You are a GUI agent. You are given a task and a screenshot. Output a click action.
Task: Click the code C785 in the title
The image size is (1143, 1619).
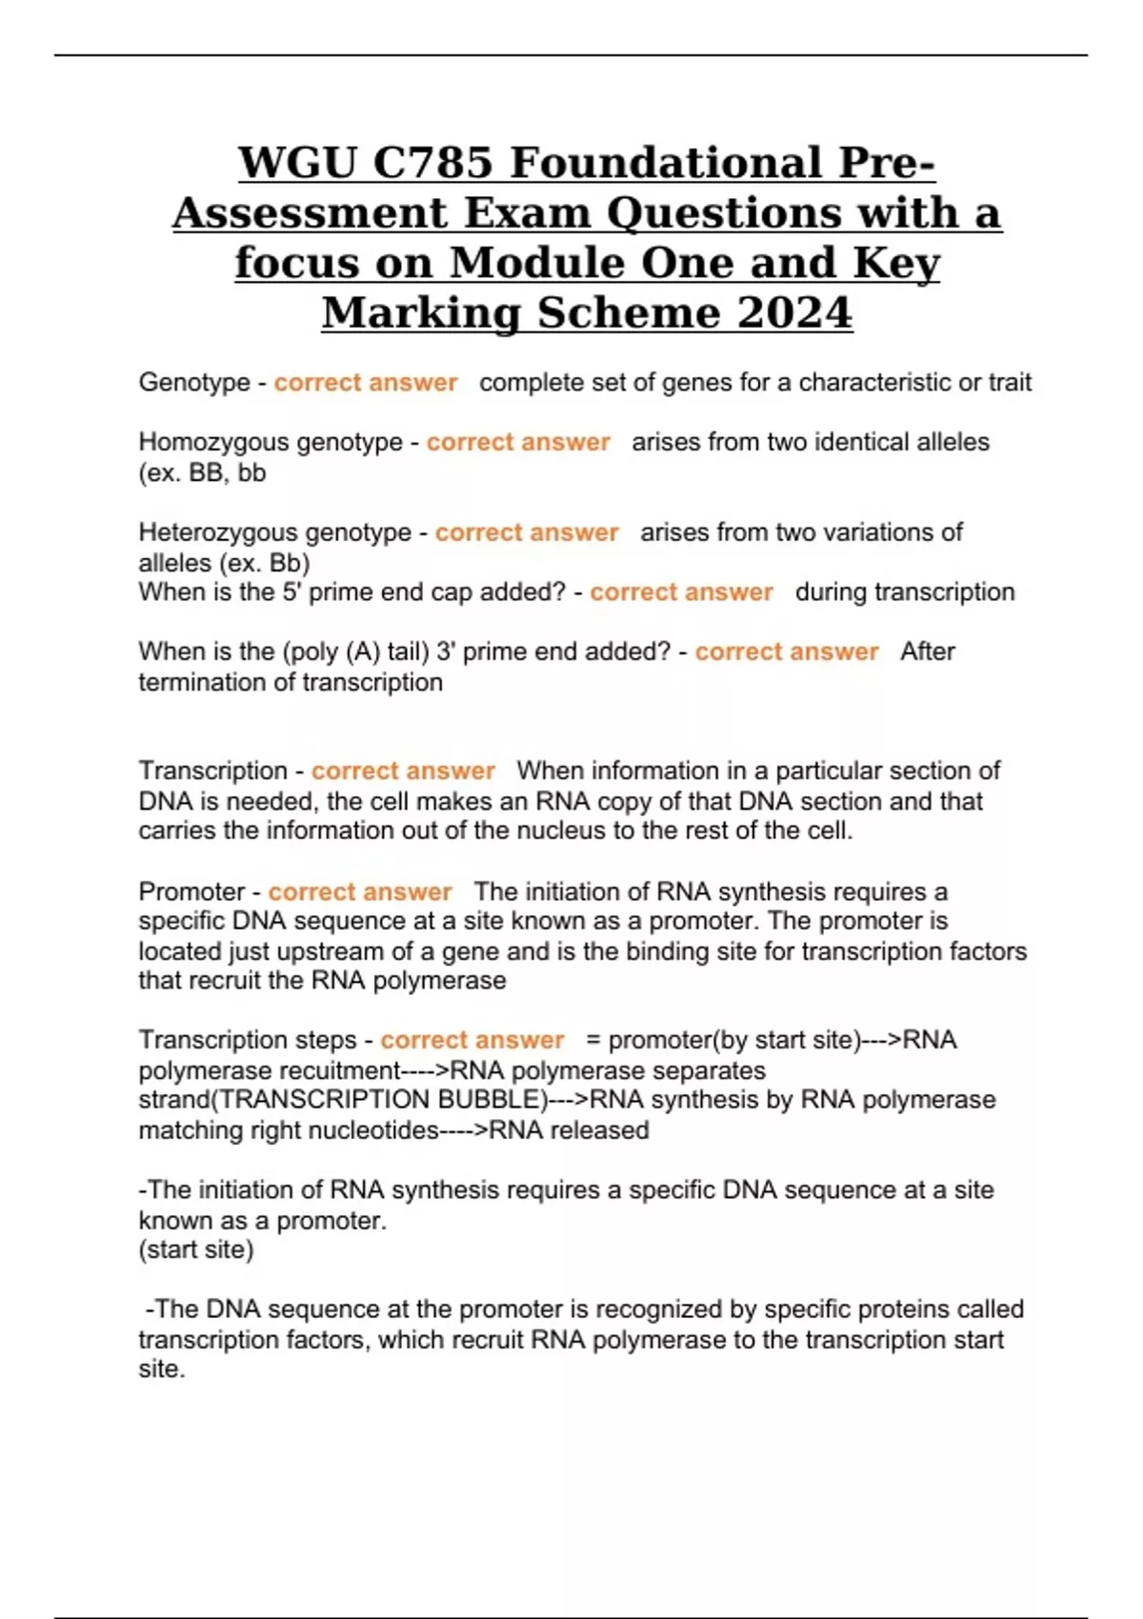pyautogui.click(x=433, y=163)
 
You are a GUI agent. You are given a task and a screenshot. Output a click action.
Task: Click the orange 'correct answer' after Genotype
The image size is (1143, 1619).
pyautogui.click(x=366, y=383)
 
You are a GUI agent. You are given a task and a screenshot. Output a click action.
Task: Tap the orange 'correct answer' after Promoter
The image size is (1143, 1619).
pyautogui.click(x=360, y=892)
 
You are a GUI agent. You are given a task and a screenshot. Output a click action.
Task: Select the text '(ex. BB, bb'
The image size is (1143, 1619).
pyautogui.click(x=202, y=473)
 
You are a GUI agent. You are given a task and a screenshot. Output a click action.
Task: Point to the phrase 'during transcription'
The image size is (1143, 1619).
pyautogui.click(x=905, y=592)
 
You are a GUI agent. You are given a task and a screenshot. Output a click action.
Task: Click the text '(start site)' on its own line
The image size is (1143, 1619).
pyautogui.click(x=196, y=1249)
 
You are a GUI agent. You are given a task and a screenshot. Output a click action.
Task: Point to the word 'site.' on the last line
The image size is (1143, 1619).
pyautogui.click(x=162, y=1369)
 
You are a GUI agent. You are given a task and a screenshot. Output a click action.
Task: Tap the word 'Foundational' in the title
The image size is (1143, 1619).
pyautogui.click(x=666, y=163)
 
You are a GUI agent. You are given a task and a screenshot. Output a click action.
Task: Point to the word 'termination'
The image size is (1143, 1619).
pyautogui.click(x=204, y=683)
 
